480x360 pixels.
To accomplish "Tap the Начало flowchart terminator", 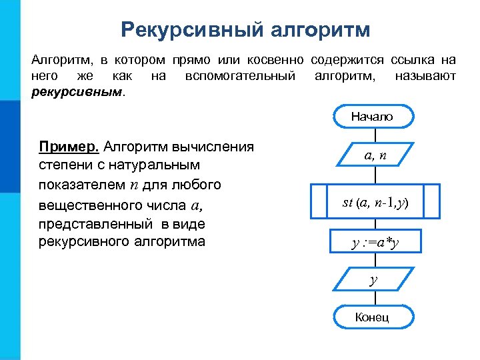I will pos(373,117).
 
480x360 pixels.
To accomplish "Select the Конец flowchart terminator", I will pos(373,317).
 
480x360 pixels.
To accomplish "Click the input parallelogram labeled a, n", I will pos(375,155).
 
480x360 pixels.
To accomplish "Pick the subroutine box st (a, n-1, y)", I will pos(376,202).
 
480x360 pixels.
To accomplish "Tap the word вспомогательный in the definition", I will pos(240,76).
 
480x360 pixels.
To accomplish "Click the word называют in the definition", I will pos(425,76).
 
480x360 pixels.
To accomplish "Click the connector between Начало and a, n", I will pos(375,135).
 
